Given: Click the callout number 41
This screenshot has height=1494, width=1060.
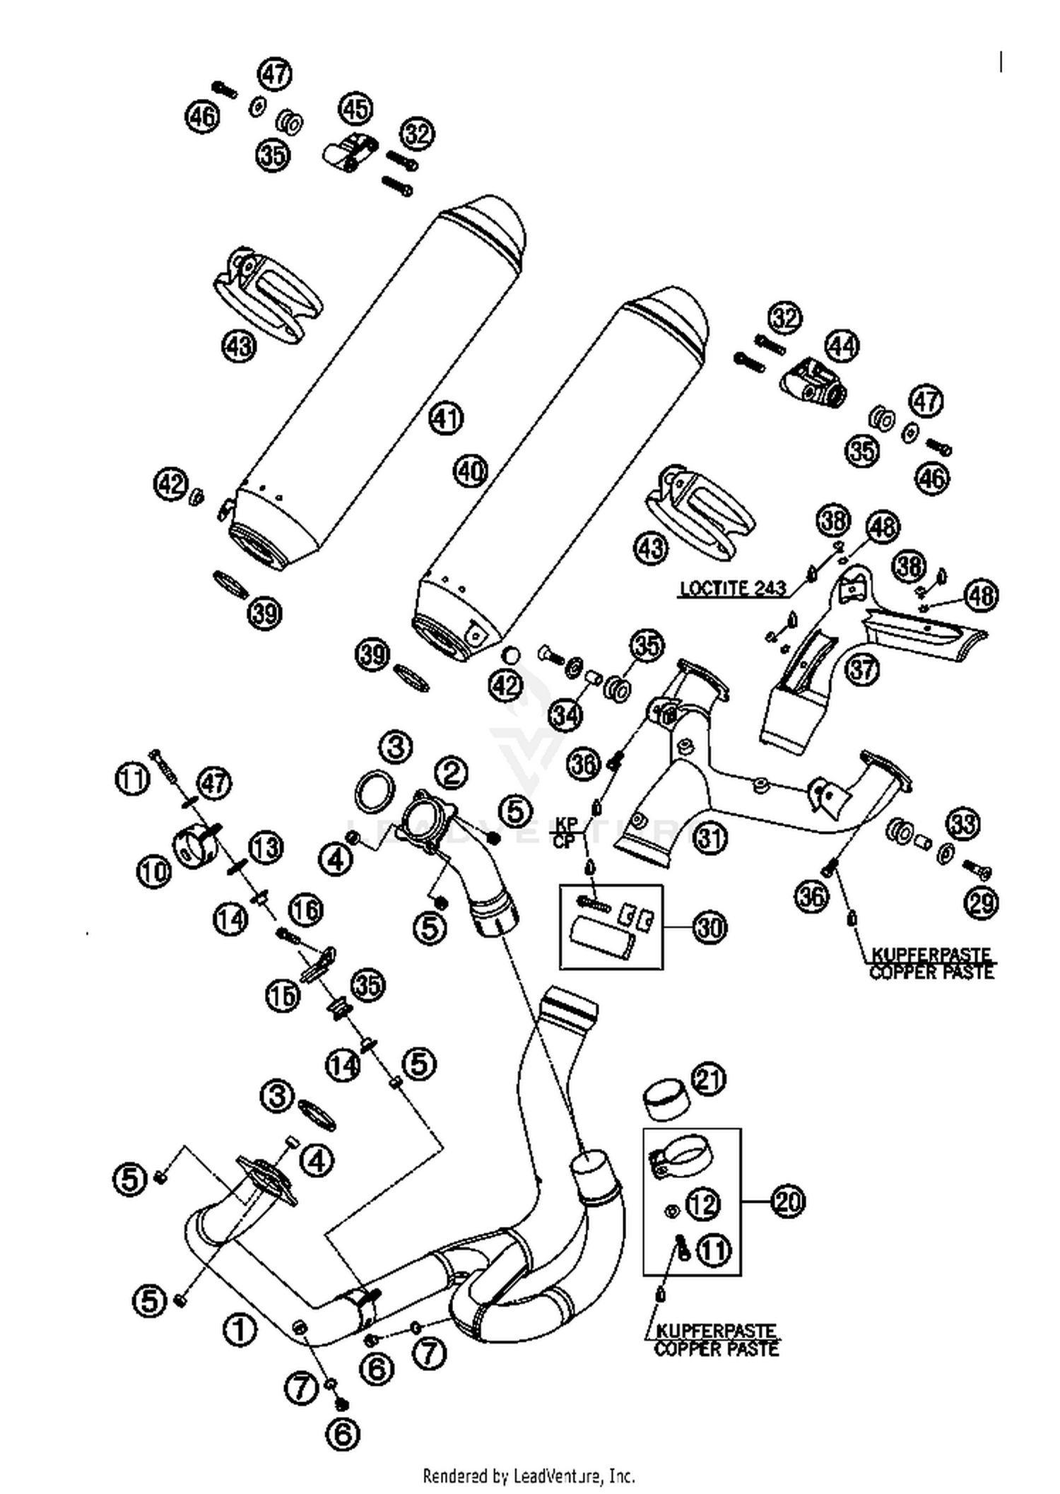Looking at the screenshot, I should [x=446, y=418].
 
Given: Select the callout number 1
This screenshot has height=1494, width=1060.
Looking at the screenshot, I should [x=240, y=1330].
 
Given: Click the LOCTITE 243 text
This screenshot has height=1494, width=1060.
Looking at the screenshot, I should [x=733, y=588].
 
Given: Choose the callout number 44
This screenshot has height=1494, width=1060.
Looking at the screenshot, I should [x=842, y=346].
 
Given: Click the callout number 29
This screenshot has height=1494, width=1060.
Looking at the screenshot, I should [x=982, y=902].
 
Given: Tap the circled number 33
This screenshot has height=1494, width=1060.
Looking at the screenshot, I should [x=963, y=823].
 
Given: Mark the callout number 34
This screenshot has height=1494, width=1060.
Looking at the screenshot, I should [x=565, y=715].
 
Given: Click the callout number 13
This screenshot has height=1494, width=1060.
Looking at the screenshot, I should [x=266, y=847].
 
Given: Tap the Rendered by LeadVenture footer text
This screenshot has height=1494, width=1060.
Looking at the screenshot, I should [x=529, y=1476].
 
